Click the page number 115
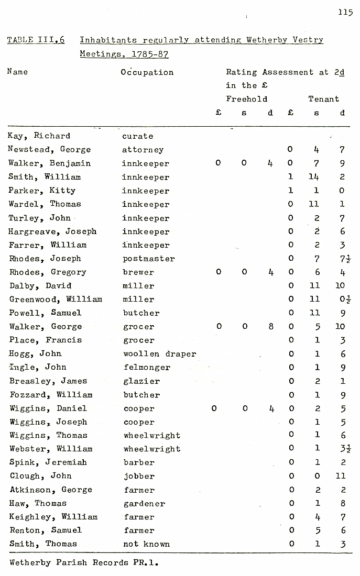[x=345, y=13]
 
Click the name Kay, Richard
[x=39, y=136]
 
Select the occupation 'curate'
[x=138, y=136]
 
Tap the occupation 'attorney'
[x=143, y=150]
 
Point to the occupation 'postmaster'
[x=149, y=259]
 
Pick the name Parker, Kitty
[x=41, y=191]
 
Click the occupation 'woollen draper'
[x=159, y=354]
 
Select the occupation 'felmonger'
[x=147, y=368]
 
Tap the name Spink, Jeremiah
[x=48, y=462]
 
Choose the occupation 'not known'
[x=146, y=544]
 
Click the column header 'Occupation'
[x=147, y=72]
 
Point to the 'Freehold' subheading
[x=246, y=99]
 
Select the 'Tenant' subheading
[x=323, y=99]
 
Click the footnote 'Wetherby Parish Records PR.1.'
[x=84, y=563]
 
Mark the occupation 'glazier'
[x=141, y=381]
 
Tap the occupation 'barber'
[x=139, y=463]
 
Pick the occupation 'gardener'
[x=144, y=504]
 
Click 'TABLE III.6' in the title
[x=36, y=40]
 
